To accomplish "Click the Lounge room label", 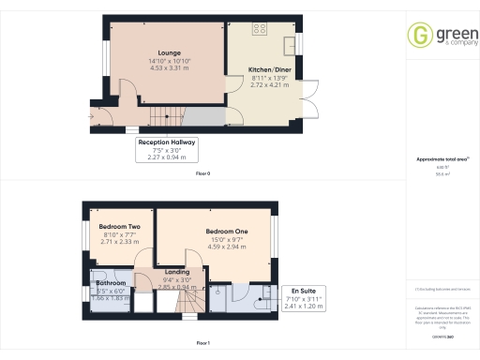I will (x=170, y=52).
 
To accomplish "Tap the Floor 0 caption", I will (x=203, y=174).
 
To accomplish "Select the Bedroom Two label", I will (x=121, y=227).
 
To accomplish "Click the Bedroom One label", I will (x=227, y=231).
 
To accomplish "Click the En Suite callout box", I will (x=303, y=298).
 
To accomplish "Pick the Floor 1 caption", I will (x=203, y=344).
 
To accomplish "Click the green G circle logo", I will (x=418, y=36).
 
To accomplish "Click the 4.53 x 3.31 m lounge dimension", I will (x=170, y=67).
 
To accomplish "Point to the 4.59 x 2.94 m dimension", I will (x=227, y=246).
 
